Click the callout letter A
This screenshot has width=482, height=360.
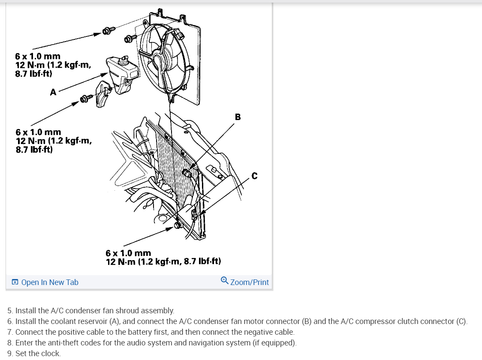coord(53,92)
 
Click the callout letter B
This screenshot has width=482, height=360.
coord(238,117)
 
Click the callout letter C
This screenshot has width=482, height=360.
coord(254,176)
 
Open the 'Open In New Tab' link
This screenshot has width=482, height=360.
coord(49,282)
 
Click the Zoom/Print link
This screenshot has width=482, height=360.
coord(250,282)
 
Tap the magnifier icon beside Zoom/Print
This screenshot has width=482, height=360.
coord(225,281)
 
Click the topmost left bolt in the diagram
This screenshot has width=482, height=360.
coord(108,30)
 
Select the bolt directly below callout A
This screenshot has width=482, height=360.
coord(86,100)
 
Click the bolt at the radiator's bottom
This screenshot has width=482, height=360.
coord(177,225)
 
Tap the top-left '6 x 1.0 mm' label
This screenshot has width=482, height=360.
coord(38,56)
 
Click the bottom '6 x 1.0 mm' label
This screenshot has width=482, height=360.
coord(128,253)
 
